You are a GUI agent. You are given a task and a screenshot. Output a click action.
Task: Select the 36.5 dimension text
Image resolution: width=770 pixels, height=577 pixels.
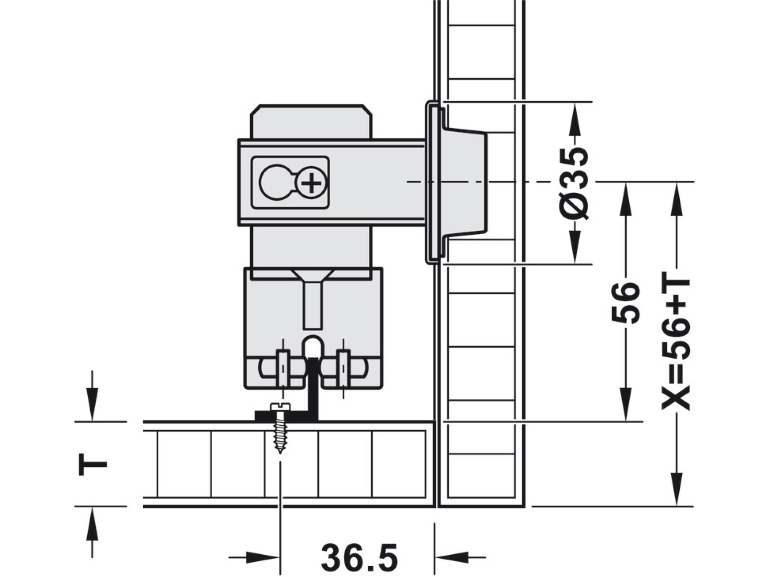(x=359, y=557)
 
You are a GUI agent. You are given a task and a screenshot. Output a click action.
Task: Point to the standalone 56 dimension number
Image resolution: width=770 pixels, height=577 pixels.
(x=625, y=302)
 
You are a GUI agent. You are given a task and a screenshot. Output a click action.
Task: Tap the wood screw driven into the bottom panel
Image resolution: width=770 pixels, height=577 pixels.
(x=280, y=427)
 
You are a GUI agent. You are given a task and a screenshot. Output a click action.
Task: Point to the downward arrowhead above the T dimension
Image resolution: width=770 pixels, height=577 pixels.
(x=92, y=404)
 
